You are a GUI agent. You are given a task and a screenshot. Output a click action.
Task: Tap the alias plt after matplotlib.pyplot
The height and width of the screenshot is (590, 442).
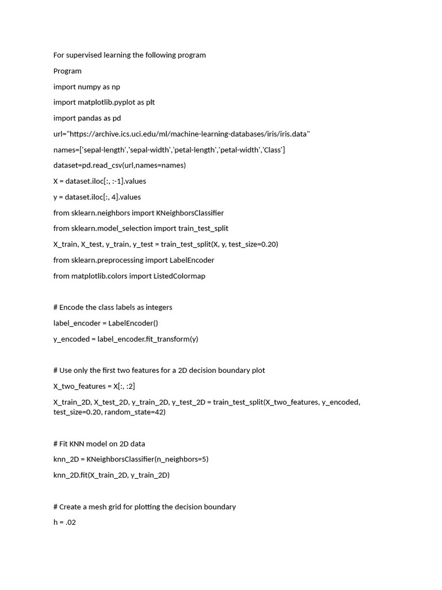[150, 103]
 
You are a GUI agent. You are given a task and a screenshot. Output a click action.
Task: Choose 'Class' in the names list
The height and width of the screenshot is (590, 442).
[270, 150]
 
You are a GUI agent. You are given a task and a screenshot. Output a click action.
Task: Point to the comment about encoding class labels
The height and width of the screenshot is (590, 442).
[113, 307]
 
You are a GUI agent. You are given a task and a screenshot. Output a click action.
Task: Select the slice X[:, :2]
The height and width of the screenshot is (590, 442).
[124, 386]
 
